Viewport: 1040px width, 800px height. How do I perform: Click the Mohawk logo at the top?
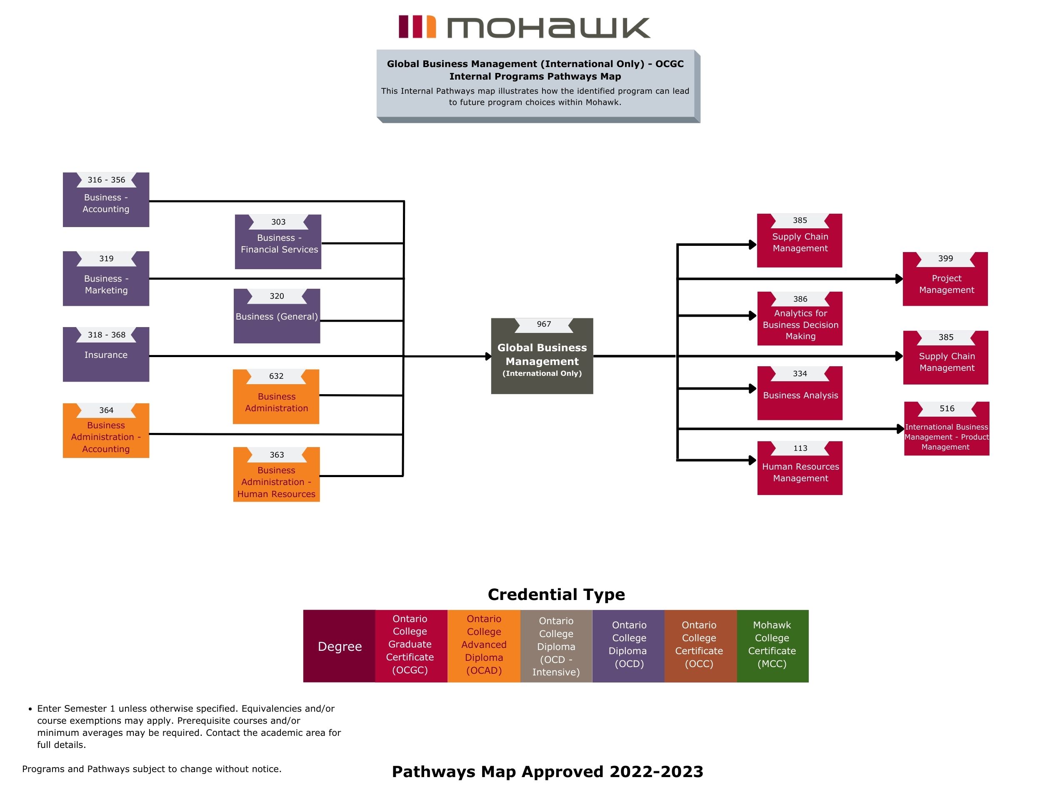524,27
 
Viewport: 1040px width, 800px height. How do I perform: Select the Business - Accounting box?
106,203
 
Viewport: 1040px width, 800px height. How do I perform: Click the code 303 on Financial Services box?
278,222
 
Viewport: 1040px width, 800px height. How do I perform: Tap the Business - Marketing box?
106,284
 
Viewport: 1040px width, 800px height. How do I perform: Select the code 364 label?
106,410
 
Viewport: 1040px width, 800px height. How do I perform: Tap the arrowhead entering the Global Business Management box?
488,356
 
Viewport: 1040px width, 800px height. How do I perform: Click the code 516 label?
947,409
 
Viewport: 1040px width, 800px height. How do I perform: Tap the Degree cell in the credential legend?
340,646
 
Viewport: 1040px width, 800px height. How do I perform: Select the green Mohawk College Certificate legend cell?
772,646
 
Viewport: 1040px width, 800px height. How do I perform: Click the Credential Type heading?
556,594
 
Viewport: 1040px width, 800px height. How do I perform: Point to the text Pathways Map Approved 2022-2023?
547,771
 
